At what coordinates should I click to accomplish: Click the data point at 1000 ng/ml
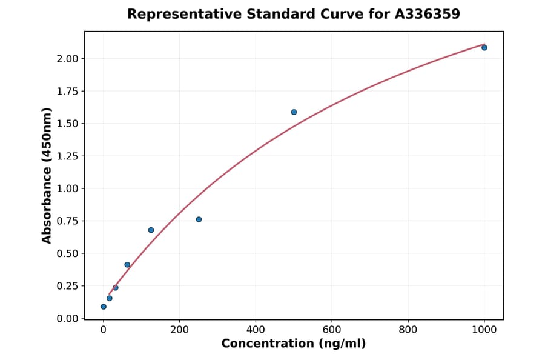484,47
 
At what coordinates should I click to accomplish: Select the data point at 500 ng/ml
294,112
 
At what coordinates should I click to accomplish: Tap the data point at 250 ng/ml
199,219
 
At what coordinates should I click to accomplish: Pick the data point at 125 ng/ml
151,230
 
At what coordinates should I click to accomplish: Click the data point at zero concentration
104,307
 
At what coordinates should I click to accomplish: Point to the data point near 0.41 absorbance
127,265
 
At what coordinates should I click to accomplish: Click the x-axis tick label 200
179,330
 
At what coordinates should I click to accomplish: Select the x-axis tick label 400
256,330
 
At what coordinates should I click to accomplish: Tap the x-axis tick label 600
332,330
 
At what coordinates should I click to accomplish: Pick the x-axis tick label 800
408,330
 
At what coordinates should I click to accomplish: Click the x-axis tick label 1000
484,330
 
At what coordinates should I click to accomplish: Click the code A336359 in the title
428,14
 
